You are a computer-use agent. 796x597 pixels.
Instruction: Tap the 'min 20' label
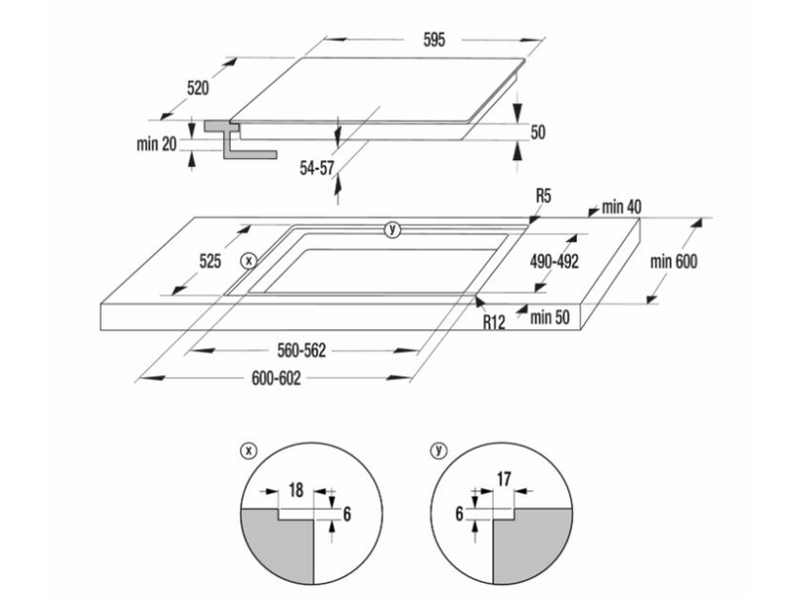coord(156,144)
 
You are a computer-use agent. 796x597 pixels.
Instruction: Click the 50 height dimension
coord(538,131)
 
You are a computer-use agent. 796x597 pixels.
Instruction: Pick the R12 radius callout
coord(496,321)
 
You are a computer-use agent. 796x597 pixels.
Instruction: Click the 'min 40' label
coord(621,207)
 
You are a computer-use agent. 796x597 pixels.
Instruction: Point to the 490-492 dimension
coord(554,261)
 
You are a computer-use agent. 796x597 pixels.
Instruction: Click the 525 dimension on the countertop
coord(209,262)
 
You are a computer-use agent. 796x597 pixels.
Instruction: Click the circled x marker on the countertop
coord(249,261)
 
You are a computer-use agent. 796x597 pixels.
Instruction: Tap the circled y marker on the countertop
coord(392,230)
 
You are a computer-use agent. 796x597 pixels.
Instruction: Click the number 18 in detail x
coord(296,490)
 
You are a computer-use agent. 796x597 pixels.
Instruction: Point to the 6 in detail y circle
coord(460,514)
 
